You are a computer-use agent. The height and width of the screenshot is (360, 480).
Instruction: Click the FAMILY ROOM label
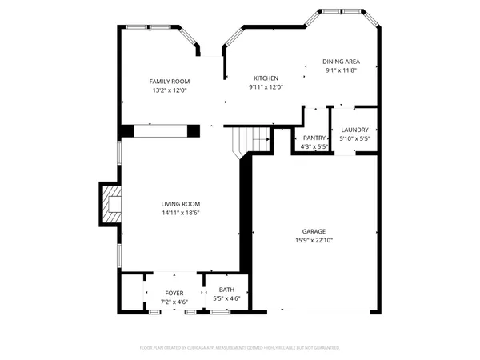coord(169,82)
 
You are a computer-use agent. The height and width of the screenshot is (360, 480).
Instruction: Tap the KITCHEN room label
coord(266,78)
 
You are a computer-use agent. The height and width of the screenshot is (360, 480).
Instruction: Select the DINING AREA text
coord(341,62)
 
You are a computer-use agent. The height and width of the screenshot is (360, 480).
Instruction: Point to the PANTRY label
coord(314,138)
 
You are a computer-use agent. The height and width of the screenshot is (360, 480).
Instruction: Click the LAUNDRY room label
coord(354,130)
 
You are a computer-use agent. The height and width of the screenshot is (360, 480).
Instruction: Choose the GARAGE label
coord(313,230)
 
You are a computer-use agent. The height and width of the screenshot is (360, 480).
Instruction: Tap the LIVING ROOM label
coord(180,204)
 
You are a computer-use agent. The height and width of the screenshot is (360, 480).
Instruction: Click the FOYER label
coord(174,294)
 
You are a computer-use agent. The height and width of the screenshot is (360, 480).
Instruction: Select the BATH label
coord(226,289)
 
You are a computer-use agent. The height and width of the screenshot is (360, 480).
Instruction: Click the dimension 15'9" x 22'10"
coord(313,239)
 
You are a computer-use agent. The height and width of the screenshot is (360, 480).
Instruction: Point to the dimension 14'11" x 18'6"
coord(180,213)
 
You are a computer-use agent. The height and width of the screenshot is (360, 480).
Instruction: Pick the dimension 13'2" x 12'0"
coord(169,90)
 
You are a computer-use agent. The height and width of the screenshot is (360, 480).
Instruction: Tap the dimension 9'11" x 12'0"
coord(266,86)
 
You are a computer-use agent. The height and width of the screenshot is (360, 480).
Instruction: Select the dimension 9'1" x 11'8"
coord(341,70)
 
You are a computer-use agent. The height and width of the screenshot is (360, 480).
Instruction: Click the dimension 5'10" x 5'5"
coord(354,138)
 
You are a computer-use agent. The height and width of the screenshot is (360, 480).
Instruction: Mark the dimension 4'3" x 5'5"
coord(314,146)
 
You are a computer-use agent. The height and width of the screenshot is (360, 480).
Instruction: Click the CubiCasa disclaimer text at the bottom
coord(240,348)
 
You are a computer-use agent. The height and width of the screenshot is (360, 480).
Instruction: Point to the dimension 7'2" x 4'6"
coord(174,302)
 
